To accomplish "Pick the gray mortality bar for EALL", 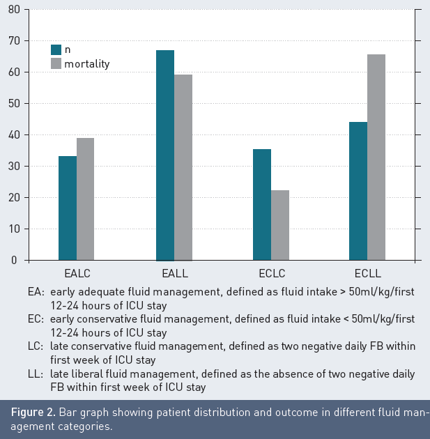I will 183,167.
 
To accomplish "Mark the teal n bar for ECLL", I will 358,191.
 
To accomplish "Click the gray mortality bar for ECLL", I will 376,157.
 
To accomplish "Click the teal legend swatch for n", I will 56,49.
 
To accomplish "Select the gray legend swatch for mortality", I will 56,64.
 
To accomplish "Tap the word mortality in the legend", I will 87,64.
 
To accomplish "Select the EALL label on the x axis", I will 174,272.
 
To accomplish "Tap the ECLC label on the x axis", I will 271,272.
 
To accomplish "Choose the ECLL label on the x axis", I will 367,272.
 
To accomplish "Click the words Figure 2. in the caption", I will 33,412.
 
